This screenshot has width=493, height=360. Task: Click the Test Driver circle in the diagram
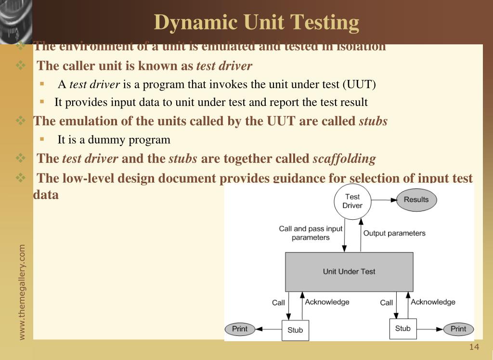(352, 201)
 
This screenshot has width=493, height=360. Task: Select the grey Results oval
(416, 200)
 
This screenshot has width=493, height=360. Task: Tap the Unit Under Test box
(349, 271)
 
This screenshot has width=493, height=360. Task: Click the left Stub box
(295, 330)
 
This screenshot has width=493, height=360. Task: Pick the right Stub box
(402, 329)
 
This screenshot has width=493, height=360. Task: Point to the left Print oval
(240, 329)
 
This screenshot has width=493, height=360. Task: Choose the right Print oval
(458, 329)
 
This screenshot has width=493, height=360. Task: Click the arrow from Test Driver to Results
(383, 200)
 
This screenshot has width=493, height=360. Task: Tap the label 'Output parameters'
(394, 233)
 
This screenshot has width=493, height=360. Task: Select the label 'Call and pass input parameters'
(311, 233)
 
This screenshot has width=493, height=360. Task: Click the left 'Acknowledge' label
(327, 302)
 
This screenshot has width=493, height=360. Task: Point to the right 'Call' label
(387, 303)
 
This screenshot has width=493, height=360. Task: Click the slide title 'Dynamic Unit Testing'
(257, 22)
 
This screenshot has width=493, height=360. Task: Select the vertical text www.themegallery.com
(22, 292)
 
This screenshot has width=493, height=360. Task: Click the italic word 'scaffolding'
(344, 159)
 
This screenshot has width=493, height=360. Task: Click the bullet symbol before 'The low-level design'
(21, 178)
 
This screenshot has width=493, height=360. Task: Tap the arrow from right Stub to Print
(429, 329)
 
